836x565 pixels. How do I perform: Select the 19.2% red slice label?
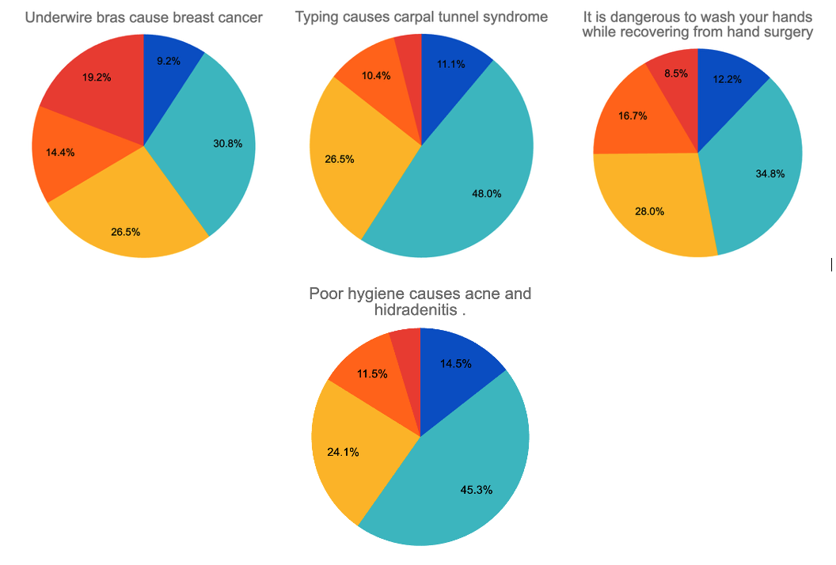[x=97, y=78]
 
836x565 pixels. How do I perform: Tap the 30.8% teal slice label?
[x=228, y=143]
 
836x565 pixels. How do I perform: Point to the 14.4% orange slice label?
[x=61, y=152]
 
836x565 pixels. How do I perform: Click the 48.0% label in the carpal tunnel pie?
[x=488, y=193]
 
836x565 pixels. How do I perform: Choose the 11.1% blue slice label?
[x=450, y=64]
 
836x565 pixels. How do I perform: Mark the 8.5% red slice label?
[x=674, y=74]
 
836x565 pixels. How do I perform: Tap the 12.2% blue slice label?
[x=728, y=79]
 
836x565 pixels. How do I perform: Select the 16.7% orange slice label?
[x=633, y=116]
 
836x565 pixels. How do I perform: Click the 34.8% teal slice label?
[x=770, y=173]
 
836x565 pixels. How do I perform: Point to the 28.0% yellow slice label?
[x=650, y=211]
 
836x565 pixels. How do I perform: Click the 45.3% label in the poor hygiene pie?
[x=477, y=489]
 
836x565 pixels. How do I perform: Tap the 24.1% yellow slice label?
[x=343, y=452]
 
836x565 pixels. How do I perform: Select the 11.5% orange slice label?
[x=372, y=374]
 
